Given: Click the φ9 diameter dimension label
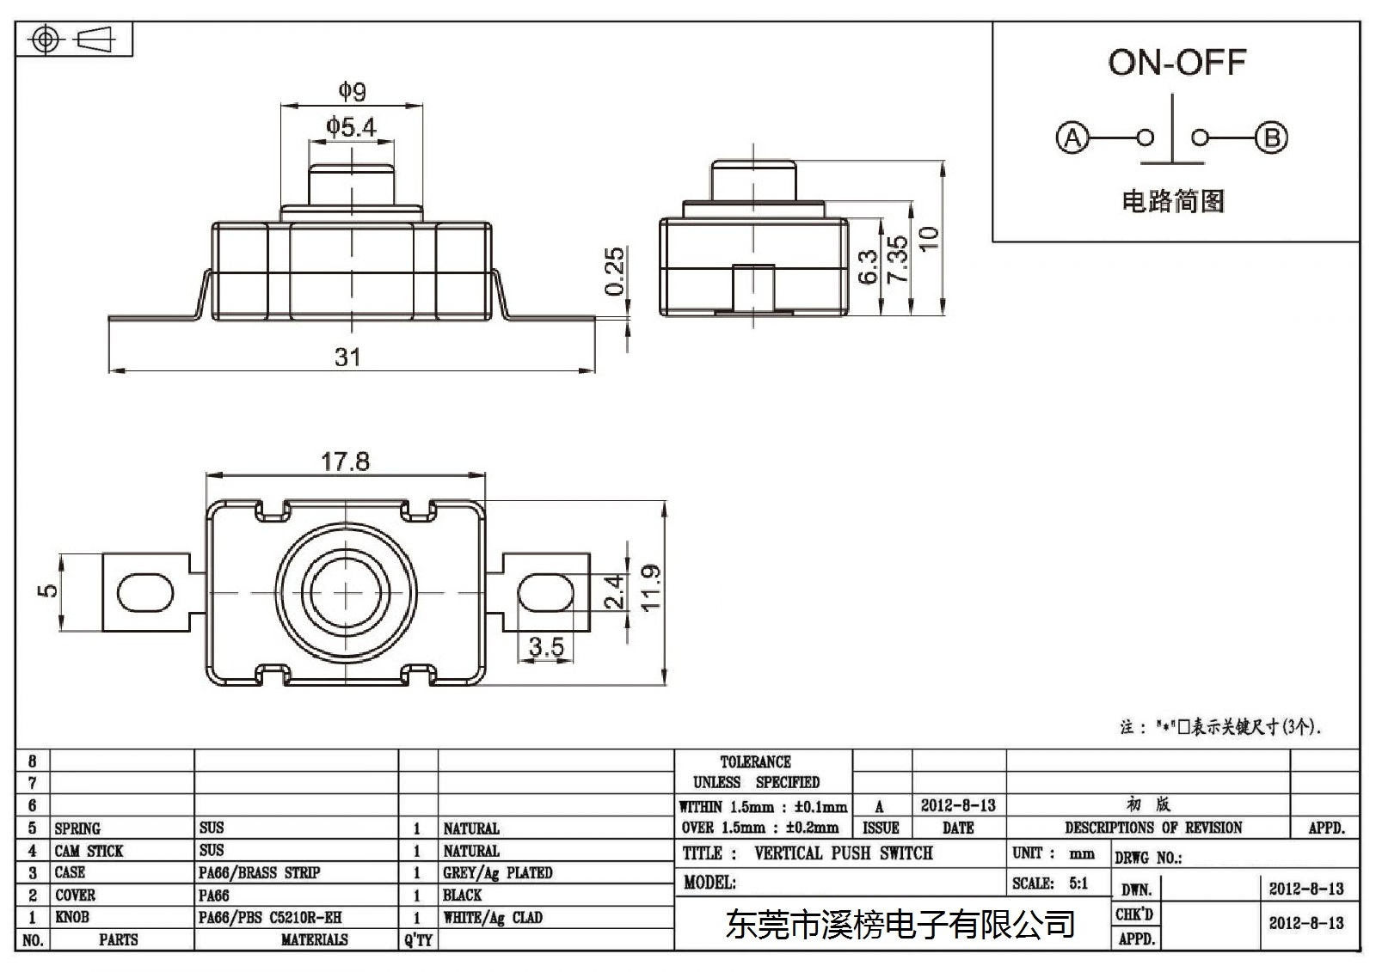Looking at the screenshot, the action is pyautogui.click(x=353, y=91).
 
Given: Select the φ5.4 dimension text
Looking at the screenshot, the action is pyautogui.click(x=351, y=126).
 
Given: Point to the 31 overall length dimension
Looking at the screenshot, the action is pyautogui.click(x=347, y=357).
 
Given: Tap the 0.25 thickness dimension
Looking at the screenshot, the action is pyautogui.click(x=614, y=272).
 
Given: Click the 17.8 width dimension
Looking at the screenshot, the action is pyautogui.click(x=345, y=462).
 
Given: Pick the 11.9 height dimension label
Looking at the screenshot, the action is pyautogui.click(x=650, y=588).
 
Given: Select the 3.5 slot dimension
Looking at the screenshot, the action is pyautogui.click(x=546, y=646).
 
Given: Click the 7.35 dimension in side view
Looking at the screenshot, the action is pyautogui.click(x=898, y=260).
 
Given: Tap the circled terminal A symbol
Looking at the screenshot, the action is pyautogui.click(x=1072, y=138).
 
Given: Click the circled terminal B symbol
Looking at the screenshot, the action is pyautogui.click(x=1271, y=138).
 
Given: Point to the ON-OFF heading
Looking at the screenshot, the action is pyautogui.click(x=1177, y=63).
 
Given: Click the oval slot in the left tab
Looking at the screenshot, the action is pyautogui.click(x=145, y=592).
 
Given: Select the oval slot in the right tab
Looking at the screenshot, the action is pyautogui.click(x=546, y=592).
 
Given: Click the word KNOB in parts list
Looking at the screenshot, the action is pyautogui.click(x=72, y=917).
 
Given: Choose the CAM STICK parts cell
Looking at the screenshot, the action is pyautogui.click(x=89, y=851).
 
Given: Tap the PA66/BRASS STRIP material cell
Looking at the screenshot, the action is pyautogui.click(x=259, y=873).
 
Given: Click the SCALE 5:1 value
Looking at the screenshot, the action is pyautogui.click(x=1078, y=883).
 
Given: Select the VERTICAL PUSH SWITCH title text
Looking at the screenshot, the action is pyautogui.click(x=844, y=853).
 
